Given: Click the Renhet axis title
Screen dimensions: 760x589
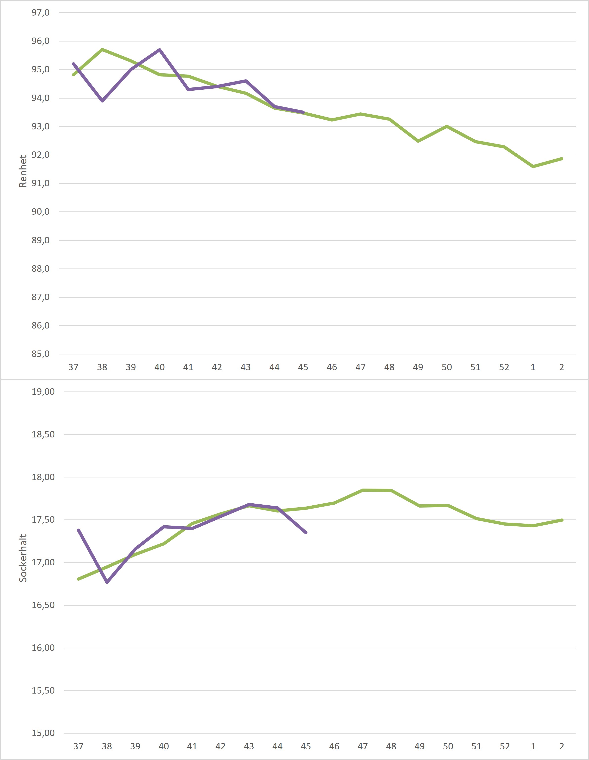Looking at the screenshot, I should [x=23, y=171].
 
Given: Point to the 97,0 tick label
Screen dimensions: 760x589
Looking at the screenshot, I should [x=40, y=13].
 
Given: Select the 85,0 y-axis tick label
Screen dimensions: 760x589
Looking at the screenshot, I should [x=40, y=354].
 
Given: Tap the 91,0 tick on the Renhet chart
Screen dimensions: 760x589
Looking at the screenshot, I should [x=40, y=183].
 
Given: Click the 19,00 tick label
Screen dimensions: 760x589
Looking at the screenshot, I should [x=43, y=392].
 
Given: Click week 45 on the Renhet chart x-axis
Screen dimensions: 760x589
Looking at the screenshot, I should [x=303, y=367].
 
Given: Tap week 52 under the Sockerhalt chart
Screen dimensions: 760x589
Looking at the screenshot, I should [x=505, y=746].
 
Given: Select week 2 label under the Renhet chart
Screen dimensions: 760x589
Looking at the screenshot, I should [x=562, y=367].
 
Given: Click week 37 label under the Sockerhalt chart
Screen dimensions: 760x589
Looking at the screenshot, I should [x=78, y=746].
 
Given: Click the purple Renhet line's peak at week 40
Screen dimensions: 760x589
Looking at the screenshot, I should [x=159, y=50].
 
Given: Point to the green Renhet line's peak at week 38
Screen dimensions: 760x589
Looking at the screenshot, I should [x=102, y=49].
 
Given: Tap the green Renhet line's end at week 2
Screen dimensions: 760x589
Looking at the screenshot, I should [x=562, y=159].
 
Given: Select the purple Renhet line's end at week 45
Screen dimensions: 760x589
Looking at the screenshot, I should [x=303, y=112].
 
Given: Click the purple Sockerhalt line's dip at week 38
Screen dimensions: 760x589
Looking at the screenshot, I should [x=107, y=582].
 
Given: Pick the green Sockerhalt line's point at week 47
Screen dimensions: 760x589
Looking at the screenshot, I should [x=363, y=490].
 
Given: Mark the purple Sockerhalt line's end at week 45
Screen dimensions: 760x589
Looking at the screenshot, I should [x=306, y=533].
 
